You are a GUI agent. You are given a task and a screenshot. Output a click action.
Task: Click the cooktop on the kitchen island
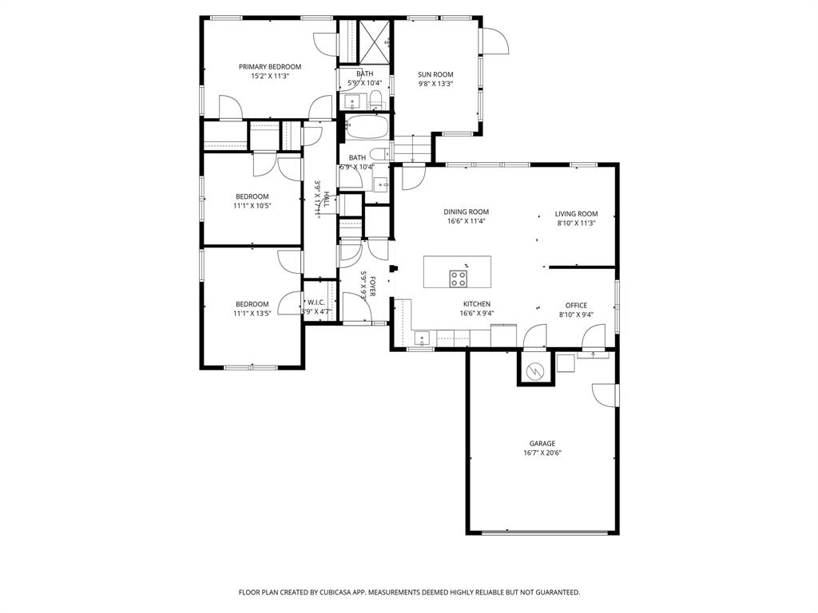click(458, 279)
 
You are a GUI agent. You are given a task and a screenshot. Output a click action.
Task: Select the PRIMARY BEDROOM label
click(270, 67)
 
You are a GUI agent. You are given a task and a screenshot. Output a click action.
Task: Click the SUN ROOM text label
click(435, 75)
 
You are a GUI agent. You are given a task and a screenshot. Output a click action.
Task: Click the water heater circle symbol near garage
click(535, 370)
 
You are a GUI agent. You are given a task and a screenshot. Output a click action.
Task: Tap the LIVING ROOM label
click(576, 214)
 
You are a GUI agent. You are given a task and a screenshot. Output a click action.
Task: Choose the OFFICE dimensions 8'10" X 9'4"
click(576, 314)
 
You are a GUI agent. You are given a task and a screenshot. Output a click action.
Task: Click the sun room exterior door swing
click(494, 42)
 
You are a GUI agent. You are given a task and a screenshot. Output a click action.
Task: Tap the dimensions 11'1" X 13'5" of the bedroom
click(252, 314)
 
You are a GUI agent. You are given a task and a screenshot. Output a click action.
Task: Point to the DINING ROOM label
click(466, 212)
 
